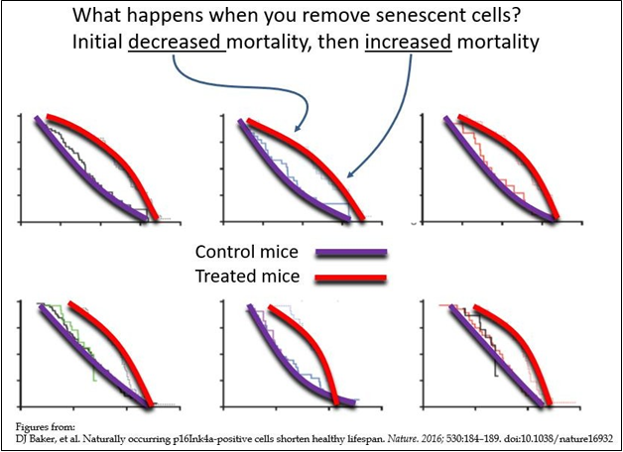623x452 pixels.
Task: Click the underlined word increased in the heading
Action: click(x=407, y=44)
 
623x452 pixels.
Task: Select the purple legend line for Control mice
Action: click(x=351, y=253)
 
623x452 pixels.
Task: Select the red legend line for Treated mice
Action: click(x=351, y=278)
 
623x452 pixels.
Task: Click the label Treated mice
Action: click(x=247, y=277)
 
